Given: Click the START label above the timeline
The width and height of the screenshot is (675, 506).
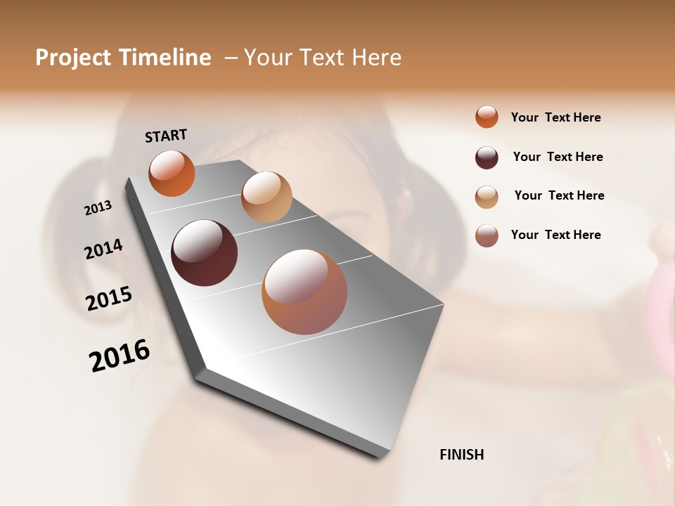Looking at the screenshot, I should tap(166, 136).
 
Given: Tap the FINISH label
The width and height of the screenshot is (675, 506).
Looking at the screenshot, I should tap(462, 455).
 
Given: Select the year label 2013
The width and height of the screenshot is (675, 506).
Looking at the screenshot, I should tap(98, 208).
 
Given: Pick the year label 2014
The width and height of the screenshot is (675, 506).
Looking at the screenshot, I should tap(103, 249).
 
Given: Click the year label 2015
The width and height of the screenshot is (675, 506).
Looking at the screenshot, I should tap(109, 299).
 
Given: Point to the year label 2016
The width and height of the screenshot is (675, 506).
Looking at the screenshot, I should tap(120, 356).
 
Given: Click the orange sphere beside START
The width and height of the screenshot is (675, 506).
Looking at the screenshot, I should tap(172, 174).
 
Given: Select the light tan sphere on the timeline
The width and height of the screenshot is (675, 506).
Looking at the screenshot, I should tap(266, 197).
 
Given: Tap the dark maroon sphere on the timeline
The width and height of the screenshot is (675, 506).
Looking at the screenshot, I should tap(204, 253).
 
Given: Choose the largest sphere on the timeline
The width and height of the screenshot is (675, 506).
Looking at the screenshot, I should tap(304, 292).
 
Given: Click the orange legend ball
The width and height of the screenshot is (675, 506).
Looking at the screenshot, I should tap(487, 117).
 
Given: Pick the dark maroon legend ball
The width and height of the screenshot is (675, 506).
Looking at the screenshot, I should tap(487, 157).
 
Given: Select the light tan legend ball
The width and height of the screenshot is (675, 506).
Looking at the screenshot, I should tap(487, 197).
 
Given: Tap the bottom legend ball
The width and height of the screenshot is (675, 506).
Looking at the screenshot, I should tap(487, 235).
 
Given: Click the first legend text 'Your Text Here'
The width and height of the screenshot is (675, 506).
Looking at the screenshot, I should tap(555, 118).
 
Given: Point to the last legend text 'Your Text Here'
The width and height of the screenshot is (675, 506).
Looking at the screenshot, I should tap(555, 235).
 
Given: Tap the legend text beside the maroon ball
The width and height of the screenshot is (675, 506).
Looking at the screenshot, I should tap(558, 157).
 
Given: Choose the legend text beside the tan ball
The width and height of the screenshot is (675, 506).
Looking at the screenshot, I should tap(559, 195).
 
